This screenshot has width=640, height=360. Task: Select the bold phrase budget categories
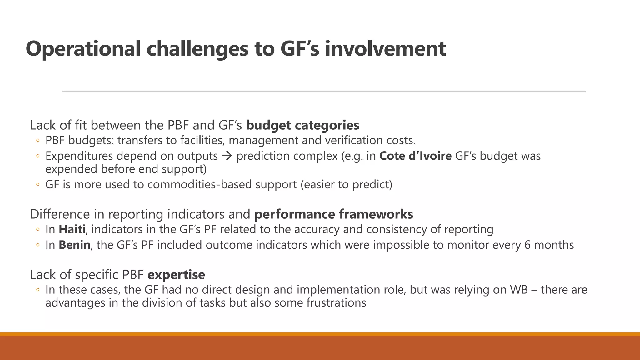click(302, 125)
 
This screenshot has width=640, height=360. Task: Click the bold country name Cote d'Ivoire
click(415, 156)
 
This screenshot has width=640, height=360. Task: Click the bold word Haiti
click(72, 229)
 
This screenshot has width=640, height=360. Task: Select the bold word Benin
click(74, 245)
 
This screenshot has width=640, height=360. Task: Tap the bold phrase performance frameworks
click(334, 214)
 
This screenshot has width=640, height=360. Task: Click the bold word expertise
click(176, 275)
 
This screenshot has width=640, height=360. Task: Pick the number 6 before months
click(527, 245)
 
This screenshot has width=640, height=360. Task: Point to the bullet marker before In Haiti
click(37, 230)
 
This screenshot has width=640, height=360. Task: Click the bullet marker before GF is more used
click(37, 185)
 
